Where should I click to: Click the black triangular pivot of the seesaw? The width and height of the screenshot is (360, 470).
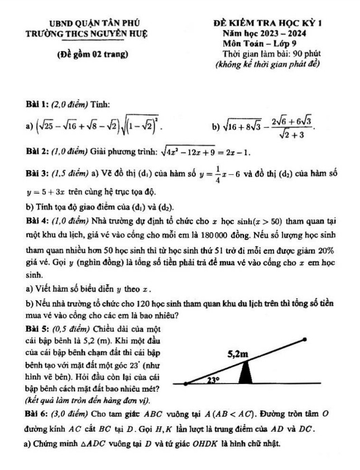click(x=245, y=373)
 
